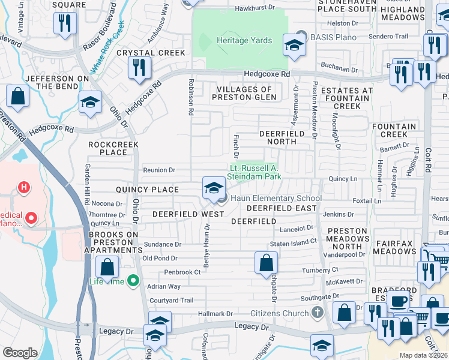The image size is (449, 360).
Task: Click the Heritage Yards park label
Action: (244, 41)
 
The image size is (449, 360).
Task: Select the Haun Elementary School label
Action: (276, 199)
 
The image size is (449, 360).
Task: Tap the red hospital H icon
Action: (24, 188)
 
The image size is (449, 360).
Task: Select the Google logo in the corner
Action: (20, 353)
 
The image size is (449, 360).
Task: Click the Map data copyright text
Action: (423, 355)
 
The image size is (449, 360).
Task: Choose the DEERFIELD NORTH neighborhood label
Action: (278, 137)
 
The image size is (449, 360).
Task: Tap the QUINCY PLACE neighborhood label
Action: (147, 190)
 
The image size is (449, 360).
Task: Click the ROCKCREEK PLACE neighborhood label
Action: (113, 148)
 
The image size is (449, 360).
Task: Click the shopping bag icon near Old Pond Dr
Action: (266, 263)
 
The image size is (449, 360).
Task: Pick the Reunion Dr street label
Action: (158, 170)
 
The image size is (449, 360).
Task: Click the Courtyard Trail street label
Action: (170, 301)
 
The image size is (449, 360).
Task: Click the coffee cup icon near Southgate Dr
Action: (399, 301)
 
